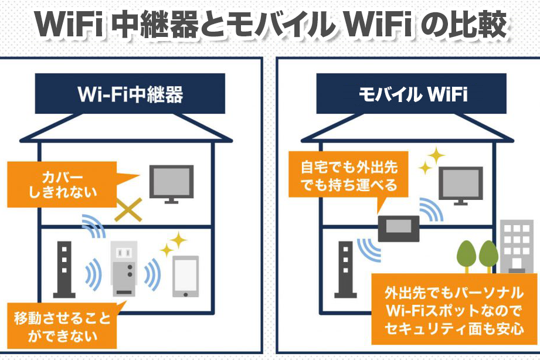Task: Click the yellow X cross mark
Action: pos(128,210)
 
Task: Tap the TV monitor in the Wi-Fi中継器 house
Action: pos(171,184)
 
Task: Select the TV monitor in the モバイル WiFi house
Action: pos(460,186)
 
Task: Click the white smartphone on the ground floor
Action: pos(185,276)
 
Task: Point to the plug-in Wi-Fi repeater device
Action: pos(124,269)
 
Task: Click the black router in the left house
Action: pos(64,269)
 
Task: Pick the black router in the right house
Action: pos(345,269)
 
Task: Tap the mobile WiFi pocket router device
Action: pos(399,229)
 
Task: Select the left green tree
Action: pos(466,257)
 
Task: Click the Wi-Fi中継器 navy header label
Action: pos(130,93)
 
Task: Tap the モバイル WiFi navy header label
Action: pos(411,93)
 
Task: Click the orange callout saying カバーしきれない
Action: pos(62,185)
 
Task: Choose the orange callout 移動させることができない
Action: pos(62,325)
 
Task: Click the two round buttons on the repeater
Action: pos(130,270)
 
